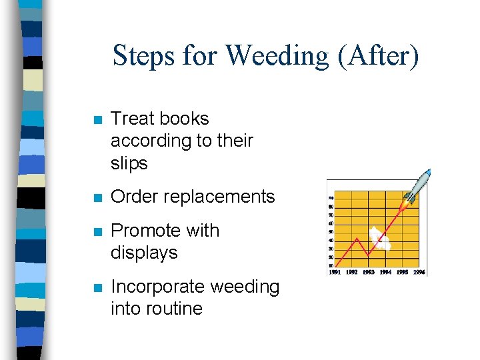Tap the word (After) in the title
tap(378, 55)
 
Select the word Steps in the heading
tap(143, 55)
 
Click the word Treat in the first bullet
tap(132, 119)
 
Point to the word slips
tap(129, 163)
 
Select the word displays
tap(144, 253)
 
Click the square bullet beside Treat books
tap(97, 121)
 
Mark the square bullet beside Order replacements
tap(97, 198)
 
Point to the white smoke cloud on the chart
tap(380, 239)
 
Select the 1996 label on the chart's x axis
tap(418, 272)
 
